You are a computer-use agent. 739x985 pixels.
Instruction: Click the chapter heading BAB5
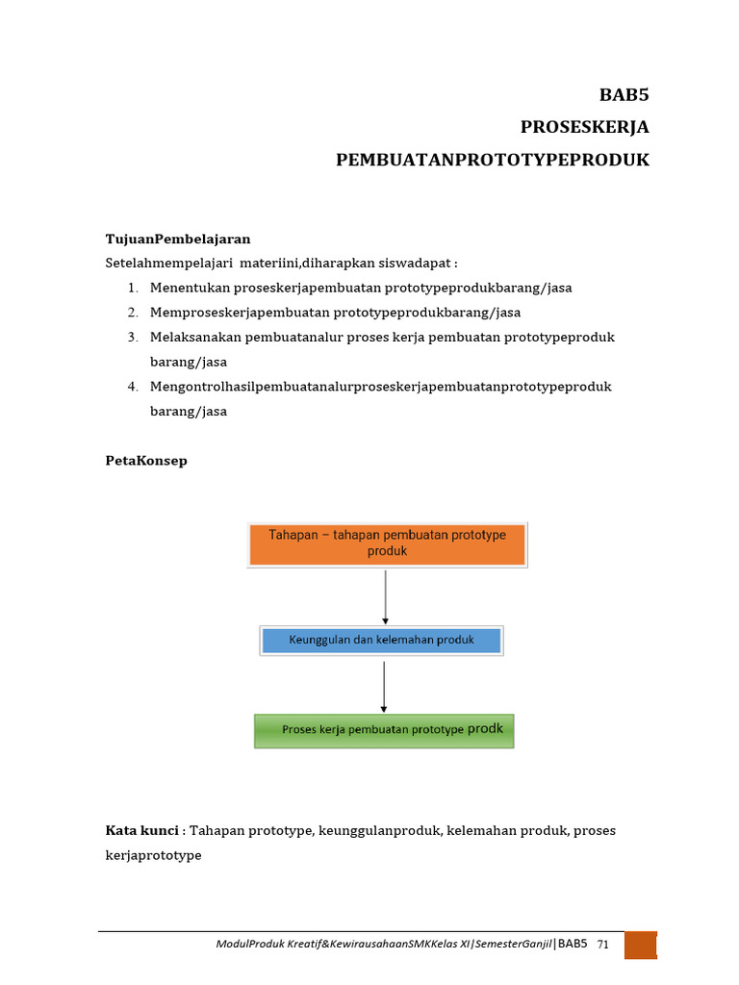click(624, 95)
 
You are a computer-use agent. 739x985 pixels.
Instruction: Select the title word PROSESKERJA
click(584, 127)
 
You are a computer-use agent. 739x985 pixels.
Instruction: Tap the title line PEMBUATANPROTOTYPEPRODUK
click(492, 160)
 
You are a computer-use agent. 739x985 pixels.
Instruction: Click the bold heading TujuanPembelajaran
click(178, 239)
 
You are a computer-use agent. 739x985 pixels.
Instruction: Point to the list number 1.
click(132, 288)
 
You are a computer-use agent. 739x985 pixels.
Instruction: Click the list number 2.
click(132, 313)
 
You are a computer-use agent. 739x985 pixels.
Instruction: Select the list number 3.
click(132, 338)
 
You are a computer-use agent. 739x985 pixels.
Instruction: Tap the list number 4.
click(132, 387)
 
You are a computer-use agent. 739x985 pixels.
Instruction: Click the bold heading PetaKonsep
click(146, 461)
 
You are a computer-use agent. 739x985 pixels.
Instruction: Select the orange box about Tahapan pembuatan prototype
click(387, 543)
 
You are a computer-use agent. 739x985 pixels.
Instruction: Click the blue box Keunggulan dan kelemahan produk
click(381, 641)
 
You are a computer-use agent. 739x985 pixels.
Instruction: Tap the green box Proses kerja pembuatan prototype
click(383, 730)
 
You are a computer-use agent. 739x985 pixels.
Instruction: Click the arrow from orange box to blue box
click(386, 596)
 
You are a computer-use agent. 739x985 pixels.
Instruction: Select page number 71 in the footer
click(603, 945)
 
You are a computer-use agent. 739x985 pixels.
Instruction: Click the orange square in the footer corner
click(640, 945)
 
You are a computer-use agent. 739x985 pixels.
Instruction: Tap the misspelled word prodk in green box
click(485, 729)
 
